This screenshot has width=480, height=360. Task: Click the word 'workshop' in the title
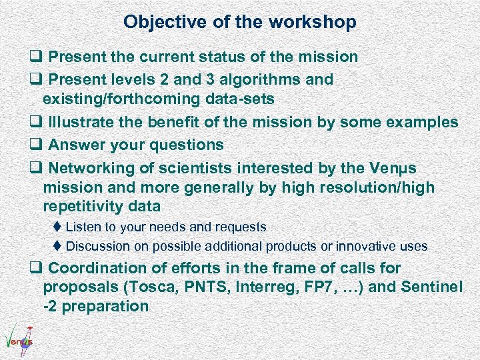[x=313, y=23]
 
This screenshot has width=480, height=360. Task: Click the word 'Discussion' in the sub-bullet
[x=98, y=247]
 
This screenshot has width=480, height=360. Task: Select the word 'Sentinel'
[x=433, y=287]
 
